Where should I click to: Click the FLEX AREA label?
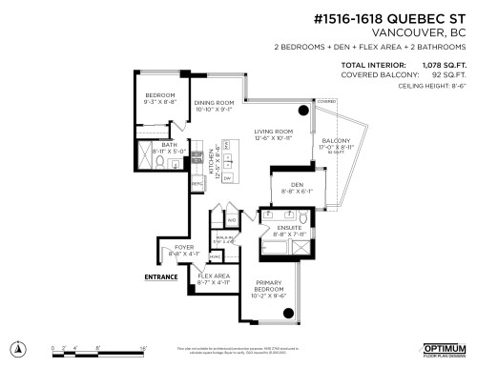pos(214,276)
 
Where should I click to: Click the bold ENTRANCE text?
pos(160,277)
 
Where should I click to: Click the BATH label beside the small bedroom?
pos(156,144)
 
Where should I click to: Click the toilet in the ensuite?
pos(301,221)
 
